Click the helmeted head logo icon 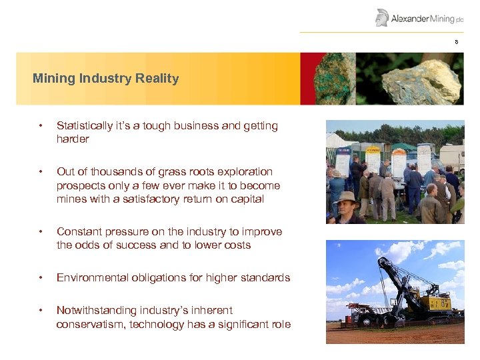pos(382,17)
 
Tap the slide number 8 pos(457,42)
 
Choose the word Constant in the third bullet pos(79,232)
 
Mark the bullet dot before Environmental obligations pos(41,278)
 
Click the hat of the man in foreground pos(347,197)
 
